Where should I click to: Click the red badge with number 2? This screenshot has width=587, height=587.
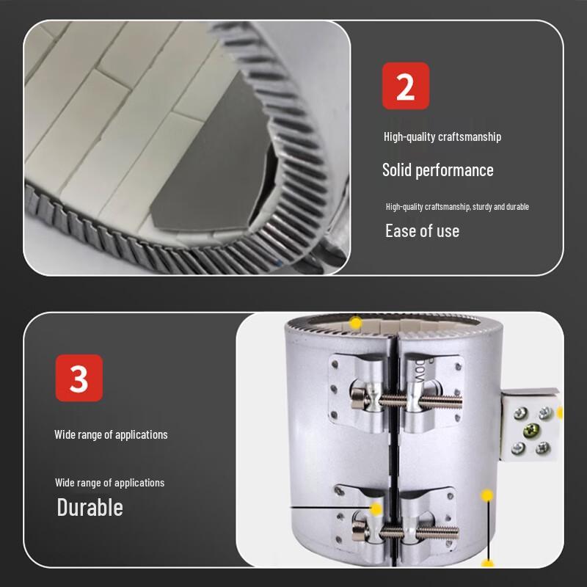click(x=405, y=86)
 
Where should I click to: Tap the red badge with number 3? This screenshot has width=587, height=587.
click(x=79, y=378)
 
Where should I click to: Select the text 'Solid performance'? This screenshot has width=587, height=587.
click(x=437, y=170)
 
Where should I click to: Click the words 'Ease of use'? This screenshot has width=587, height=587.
click(x=422, y=231)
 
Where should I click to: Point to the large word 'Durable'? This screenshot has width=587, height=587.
click(x=90, y=507)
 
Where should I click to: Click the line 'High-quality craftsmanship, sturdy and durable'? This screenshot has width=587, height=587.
click(x=457, y=207)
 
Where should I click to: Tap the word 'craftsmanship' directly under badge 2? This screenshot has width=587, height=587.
click(x=470, y=136)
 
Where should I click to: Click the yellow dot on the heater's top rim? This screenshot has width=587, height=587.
click(x=356, y=322)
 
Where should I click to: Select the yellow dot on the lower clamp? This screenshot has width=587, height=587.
click(x=376, y=508)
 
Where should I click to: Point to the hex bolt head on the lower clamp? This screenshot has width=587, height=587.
click(x=360, y=527)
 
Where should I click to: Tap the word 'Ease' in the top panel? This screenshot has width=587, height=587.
click(x=401, y=231)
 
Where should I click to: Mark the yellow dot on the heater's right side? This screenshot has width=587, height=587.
click(x=486, y=496)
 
